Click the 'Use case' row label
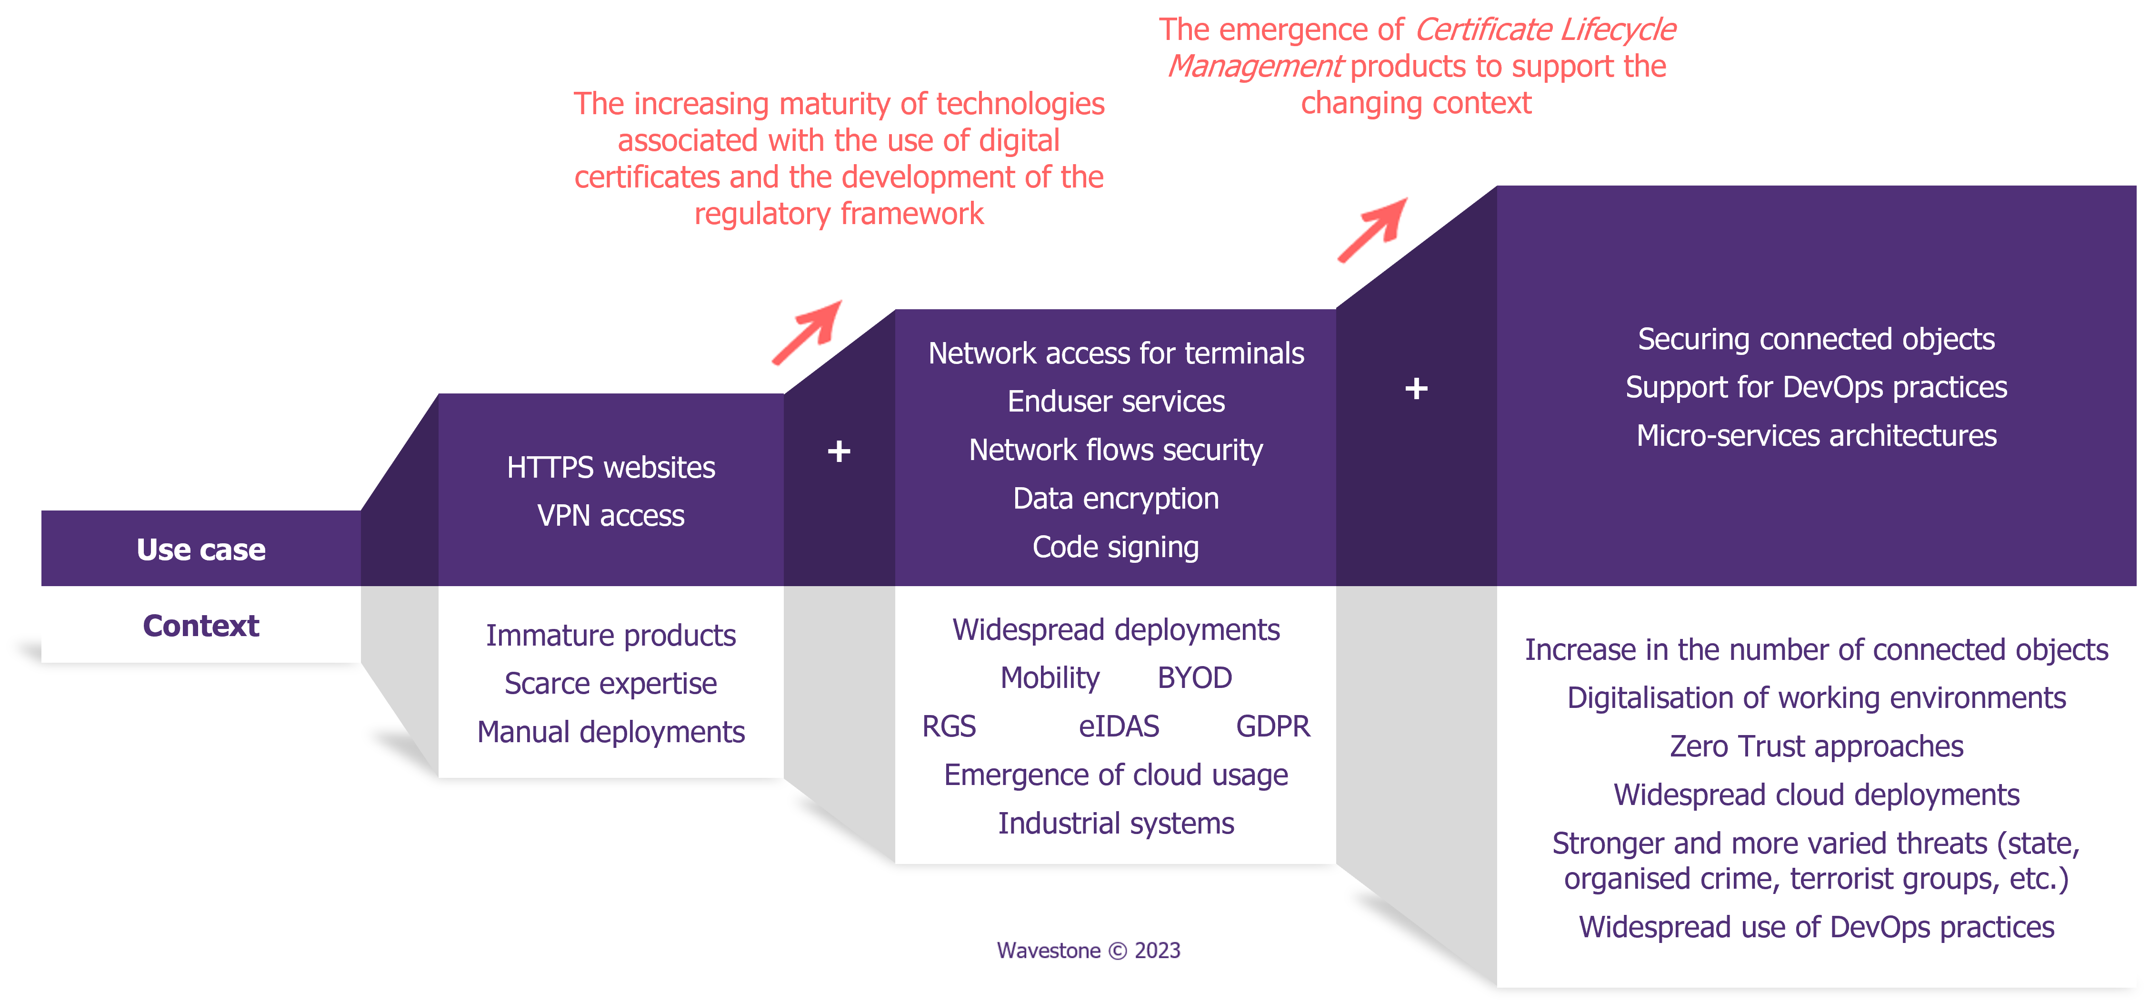(201, 550)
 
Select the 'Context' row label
(201, 626)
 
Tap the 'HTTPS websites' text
(611, 467)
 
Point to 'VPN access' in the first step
(611, 516)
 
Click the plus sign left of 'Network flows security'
(839, 451)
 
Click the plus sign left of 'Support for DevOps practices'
(1416, 388)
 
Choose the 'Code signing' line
(1116, 547)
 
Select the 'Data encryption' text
(1116, 499)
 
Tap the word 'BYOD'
(1194, 678)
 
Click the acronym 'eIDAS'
(1119, 726)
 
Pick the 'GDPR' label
(1273, 726)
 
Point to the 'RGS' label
(949, 726)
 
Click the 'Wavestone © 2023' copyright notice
(1089, 951)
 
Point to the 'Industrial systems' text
(1116, 824)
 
